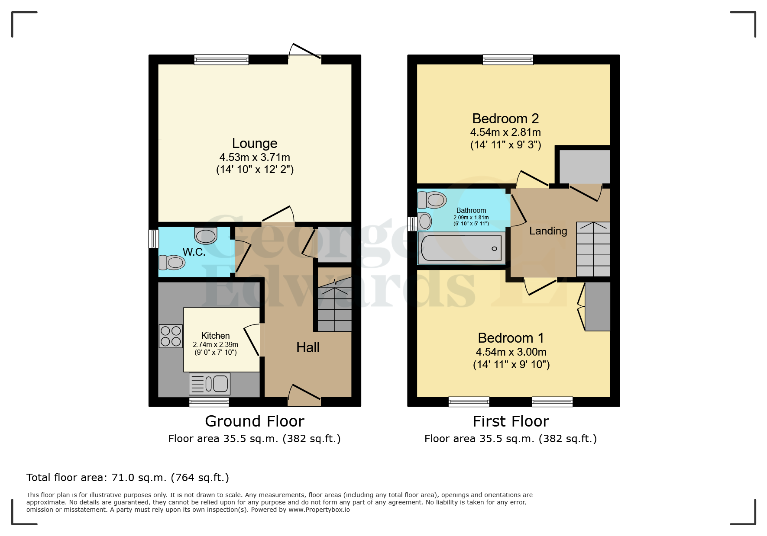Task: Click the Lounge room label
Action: (255, 143)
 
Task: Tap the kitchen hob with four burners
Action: (171, 336)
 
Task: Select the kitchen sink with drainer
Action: (210, 384)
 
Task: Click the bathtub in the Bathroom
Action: (461, 248)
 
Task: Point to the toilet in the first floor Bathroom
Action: (432, 200)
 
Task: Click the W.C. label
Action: (194, 252)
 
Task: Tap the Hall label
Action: (307, 347)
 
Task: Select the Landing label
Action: (548, 231)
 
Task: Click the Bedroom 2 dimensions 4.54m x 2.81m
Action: (505, 132)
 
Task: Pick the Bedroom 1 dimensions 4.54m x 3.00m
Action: (511, 352)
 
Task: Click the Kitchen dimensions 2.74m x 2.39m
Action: (215, 345)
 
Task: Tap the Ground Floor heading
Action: (255, 421)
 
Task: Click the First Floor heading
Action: (511, 421)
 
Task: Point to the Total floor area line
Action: (127, 478)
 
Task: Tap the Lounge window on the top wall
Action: (221, 60)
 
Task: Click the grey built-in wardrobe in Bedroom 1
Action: (597, 306)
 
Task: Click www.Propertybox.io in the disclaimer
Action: (319, 510)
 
